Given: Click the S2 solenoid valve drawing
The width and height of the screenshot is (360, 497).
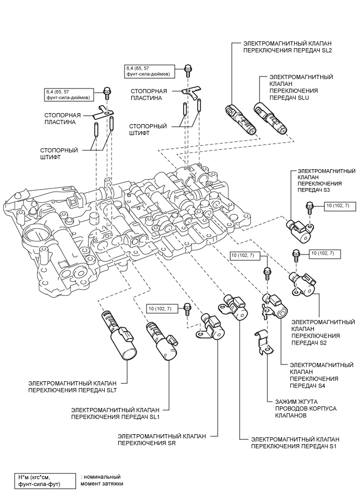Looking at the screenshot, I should click(303, 282).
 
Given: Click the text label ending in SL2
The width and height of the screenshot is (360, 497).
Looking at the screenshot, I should click(284, 47).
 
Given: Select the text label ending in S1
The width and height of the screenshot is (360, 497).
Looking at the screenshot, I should click(295, 442).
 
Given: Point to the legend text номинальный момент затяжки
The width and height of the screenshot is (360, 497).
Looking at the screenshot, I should click(103, 480).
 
